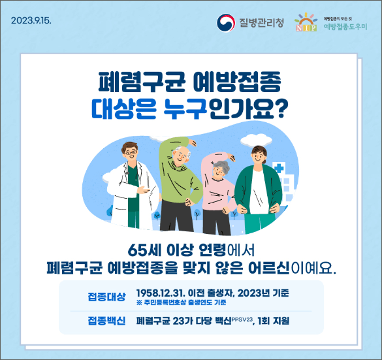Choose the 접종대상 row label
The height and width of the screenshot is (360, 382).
tap(106, 296)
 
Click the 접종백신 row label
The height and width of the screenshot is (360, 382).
tap(106, 321)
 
